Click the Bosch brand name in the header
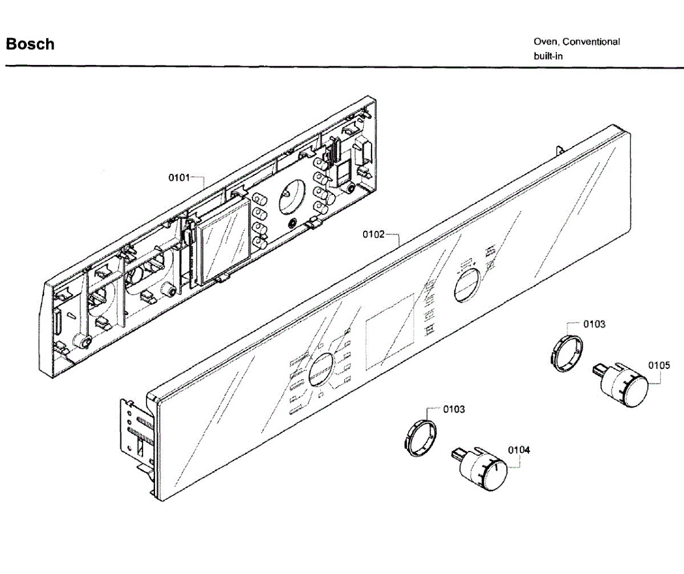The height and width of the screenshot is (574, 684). click(30, 44)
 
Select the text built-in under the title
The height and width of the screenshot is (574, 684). click(548, 56)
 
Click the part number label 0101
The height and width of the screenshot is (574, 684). click(178, 178)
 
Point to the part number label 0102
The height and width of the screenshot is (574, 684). click(374, 234)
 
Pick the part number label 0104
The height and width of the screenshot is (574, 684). click(519, 450)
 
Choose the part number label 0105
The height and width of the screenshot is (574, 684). click(658, 365)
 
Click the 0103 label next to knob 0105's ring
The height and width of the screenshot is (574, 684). click(595, 324)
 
